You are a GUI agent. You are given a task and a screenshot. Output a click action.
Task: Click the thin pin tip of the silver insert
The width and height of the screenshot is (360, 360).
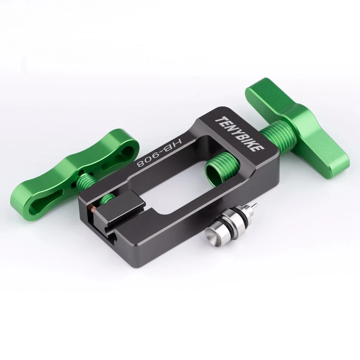(x=255, y=204)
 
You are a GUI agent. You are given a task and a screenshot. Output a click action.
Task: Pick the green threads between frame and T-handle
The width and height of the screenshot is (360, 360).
(x=278, y=139)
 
